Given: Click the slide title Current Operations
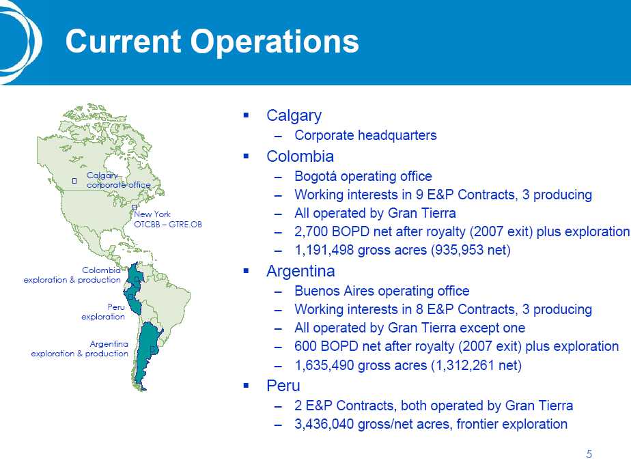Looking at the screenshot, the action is [212, 42].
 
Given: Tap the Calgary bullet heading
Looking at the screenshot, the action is [294, 116].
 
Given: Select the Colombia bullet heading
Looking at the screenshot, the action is [300, 156].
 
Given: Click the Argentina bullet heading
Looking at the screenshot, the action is [300, 272].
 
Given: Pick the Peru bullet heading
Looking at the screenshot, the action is [283, 385].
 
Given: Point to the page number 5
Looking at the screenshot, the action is [589, 455].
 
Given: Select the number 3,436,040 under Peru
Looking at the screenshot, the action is [324, 424].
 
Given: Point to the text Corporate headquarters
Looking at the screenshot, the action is [365, 136].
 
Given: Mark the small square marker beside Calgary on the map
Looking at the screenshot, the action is [74, 181].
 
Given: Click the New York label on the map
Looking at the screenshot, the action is [152, 214].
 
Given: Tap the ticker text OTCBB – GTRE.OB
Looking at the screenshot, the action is [168, 225].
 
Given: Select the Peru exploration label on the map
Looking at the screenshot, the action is [103, 312].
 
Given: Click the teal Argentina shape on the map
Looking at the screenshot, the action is [145, 354].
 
